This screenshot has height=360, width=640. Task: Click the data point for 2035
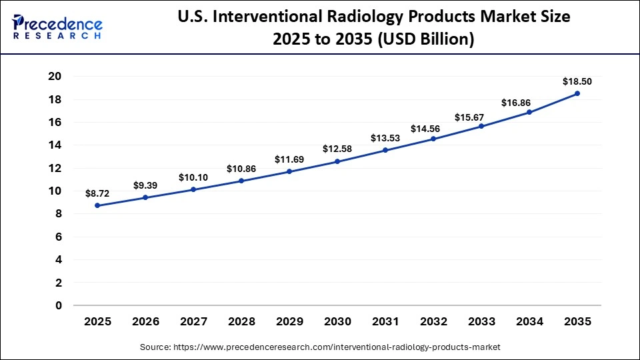[x=577, y=93]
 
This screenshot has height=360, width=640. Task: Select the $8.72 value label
[x=97, y=193]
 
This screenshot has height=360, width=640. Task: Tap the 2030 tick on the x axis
[x=337, y=321]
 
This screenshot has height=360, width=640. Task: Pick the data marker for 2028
[x=241, y=181]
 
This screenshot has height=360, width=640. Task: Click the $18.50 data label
[x=577, y=81]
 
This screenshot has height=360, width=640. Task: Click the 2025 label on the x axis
[x=97, y=321]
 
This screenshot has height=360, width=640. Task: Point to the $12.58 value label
[x=337, y=149]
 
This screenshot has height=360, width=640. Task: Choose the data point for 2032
[x=433, y=139]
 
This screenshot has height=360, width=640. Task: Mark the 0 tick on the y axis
[x=59, y=305]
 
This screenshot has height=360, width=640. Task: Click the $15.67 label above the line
[x=481, y=117]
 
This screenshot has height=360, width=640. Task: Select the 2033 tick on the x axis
[x=481, y=321]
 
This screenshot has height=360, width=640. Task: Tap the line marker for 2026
[x=145, y=197]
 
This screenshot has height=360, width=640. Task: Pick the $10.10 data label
[x=193, y=177]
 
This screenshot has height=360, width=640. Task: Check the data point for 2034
[x=529, y=112]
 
